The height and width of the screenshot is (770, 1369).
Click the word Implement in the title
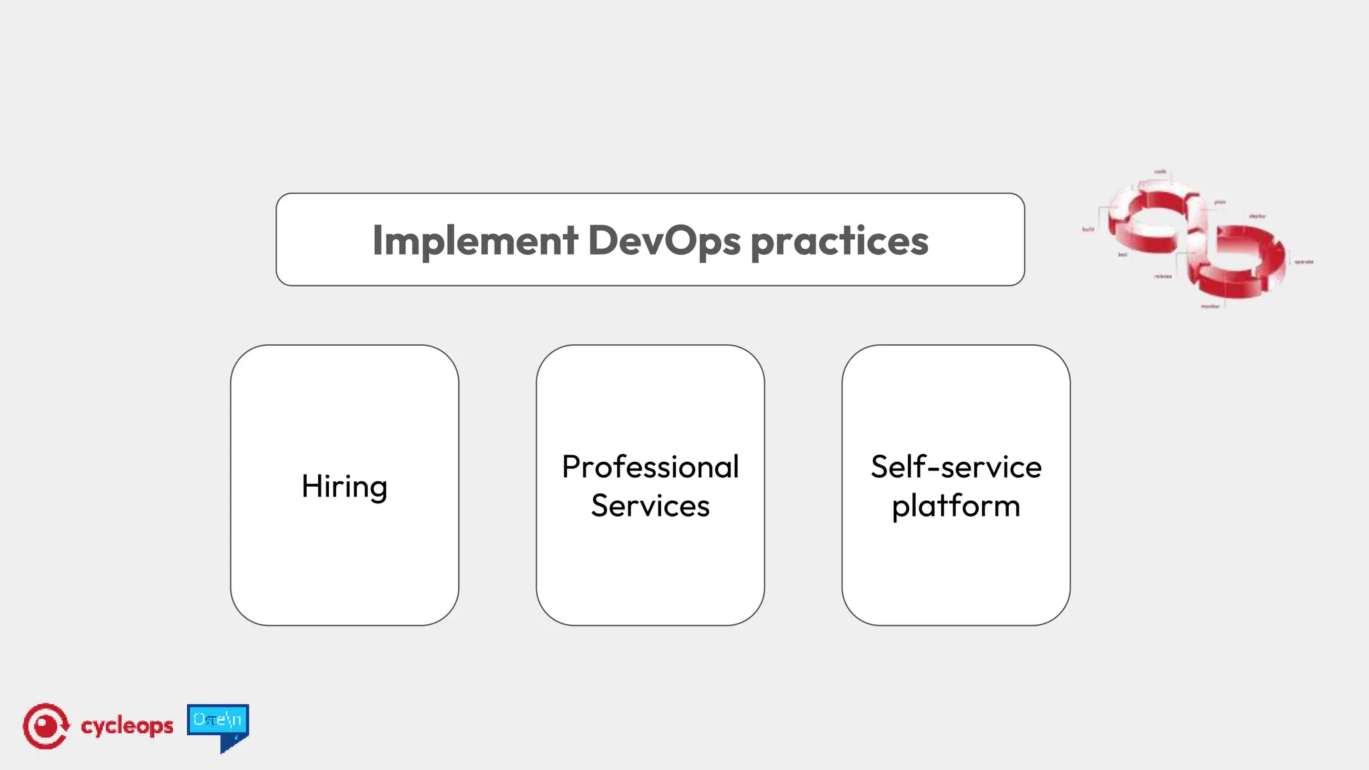tap(475, 241)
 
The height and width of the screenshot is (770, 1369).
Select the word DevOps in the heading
tap(664, 241)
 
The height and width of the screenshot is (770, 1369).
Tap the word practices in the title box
tap(840, 242)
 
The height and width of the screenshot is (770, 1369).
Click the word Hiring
tap(344, 487)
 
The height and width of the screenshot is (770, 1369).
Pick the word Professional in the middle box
tap(650, 467)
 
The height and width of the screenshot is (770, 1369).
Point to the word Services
tap(650, 506)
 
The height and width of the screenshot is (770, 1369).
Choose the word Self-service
tap(956, 467)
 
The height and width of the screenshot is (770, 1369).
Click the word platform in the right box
tap(956, 507)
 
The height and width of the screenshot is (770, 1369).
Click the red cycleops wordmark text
tap(127, 726)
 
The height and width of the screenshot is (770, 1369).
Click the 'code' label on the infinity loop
tap(1160, 172)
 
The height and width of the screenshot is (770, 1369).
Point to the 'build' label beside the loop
tap(1088, 229)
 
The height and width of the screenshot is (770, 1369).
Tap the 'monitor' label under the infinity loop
tap(1211, 306)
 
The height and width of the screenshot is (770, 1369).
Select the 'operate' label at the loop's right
tap(1304, 262)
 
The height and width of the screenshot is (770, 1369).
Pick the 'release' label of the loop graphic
tap(1163, 276)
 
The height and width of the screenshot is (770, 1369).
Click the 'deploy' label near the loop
tap(1257, 216)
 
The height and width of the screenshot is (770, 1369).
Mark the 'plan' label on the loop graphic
tap(1220, 202)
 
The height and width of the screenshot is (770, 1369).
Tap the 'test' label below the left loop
tap(1123, 255)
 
